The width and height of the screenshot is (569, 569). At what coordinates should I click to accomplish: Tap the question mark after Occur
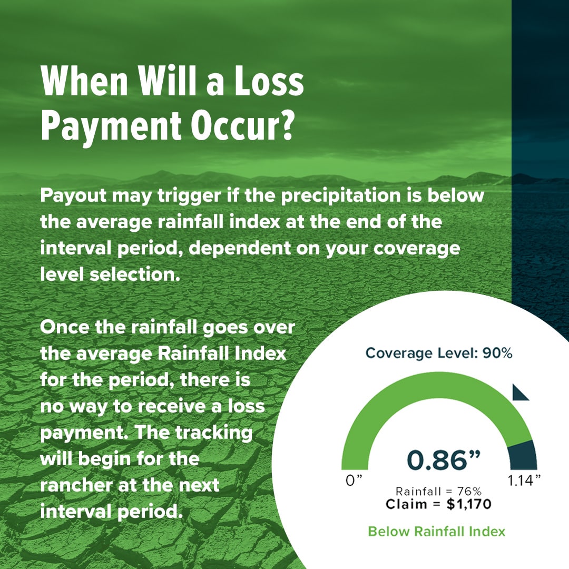point(287,125)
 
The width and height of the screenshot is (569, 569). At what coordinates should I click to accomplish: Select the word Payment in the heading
point(111,127)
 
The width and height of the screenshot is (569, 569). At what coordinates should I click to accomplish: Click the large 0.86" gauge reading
point(444,460)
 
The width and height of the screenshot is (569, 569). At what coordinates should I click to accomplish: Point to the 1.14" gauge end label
point(524,480)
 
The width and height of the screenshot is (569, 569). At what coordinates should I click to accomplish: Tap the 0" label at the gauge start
point(354,480)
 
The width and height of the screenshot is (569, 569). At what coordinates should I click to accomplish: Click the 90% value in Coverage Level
point(497,353)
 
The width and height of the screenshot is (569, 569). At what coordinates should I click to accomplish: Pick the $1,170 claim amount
point(468,504)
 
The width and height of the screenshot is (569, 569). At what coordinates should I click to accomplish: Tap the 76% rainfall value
point(469,492)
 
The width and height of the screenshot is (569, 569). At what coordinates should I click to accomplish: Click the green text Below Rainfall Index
point(437,531)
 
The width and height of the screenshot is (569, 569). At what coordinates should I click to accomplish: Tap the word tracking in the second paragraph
point(214,433)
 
